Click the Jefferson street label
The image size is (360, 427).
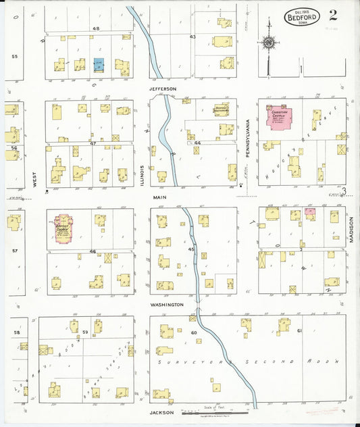coord(163,89)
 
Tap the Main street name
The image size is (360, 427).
coord(159,197)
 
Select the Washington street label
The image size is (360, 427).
coord(168,305)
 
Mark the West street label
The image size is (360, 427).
coord(33,178)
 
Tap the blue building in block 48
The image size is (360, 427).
coord(99,65)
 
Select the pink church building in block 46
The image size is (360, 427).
coord(62,228)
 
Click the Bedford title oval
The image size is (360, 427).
coord(302,16)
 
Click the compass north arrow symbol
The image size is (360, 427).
coord(269,43)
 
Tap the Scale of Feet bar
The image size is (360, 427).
coord(215,413)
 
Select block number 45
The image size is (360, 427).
coord(191,250)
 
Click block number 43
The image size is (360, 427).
coord(192,36)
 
